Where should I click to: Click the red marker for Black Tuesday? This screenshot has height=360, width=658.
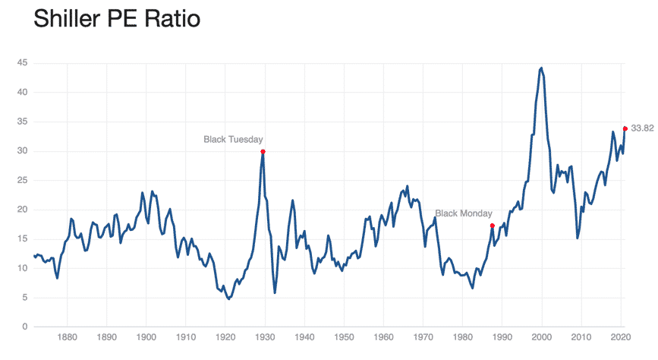pos(263,152)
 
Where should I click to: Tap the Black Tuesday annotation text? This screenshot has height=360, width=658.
pos(233,139)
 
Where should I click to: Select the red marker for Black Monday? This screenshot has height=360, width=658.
pos(493,226)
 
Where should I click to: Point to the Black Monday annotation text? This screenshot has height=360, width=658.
pos(463,213)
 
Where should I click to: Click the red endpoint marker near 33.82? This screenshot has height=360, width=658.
pos(625,128)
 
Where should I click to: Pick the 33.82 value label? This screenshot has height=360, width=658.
pos(642,128)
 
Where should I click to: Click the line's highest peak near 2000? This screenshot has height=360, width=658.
pos(541,68)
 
